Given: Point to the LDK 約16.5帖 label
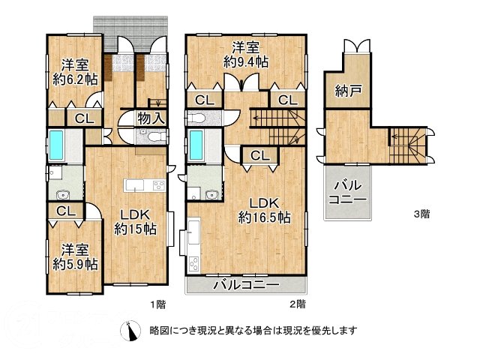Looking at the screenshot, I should (x=264, y=210).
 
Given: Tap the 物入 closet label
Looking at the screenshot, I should (x=151, y=118).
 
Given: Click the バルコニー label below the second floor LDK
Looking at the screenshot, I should (x=245, y=284).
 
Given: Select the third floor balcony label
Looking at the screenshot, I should (x=349, y=193).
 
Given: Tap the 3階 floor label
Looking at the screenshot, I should (x=422, y=214).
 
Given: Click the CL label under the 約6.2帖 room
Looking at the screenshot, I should (x=83, y=117).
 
